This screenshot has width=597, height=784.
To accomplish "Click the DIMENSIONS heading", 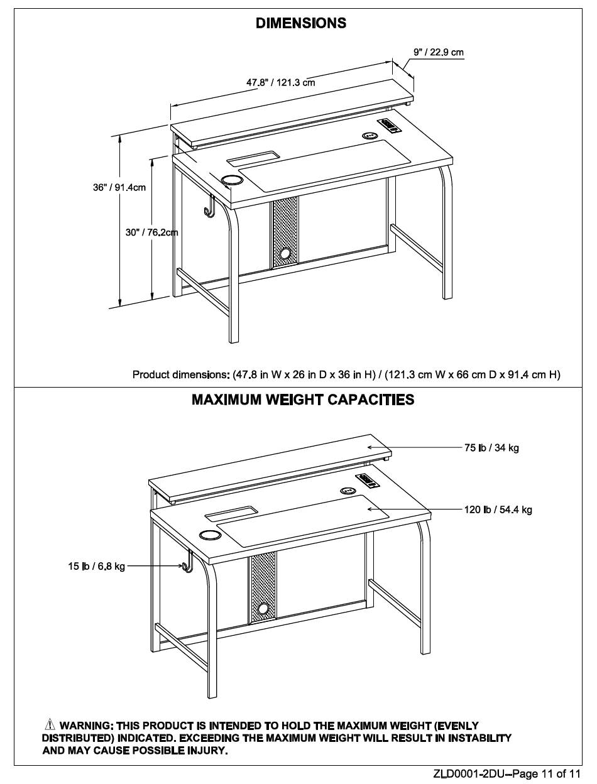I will (301, 23).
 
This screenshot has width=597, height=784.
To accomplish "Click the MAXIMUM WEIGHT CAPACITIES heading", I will (303, 400).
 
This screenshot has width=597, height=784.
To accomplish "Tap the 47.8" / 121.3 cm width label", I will (280, 82).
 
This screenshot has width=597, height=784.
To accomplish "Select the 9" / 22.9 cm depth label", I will (439, 52).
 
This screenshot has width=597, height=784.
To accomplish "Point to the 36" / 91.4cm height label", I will (119, 188).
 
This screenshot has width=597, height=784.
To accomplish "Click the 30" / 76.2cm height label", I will (151, 232).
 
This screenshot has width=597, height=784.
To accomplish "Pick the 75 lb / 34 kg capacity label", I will (491, 448).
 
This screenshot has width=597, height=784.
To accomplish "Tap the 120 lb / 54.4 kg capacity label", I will (498, 509).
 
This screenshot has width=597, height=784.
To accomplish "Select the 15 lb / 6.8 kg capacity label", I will (97, 567).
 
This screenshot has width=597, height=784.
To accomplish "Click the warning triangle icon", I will (50, 726).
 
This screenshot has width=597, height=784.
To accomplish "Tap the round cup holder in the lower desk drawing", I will (209, 535).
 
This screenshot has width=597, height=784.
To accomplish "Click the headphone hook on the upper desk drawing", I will (209, 207).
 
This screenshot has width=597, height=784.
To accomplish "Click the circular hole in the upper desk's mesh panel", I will (285, 254).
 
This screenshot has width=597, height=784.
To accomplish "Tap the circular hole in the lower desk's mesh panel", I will (263, 609).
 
